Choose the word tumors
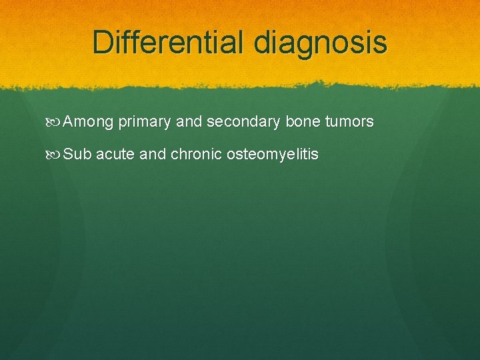click(349, 122)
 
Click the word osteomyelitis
click(273, 155)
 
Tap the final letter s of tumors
click(370, 122)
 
